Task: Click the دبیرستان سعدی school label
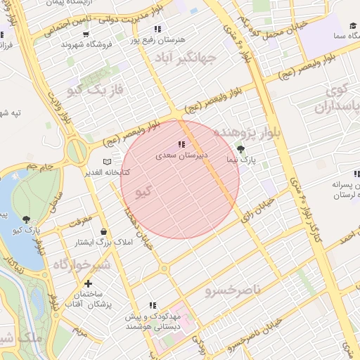[184, 156]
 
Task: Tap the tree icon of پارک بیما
[242, 149]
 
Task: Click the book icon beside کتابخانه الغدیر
[107, 162]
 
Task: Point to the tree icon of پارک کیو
[27, 219]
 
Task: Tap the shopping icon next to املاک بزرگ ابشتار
[104, 231]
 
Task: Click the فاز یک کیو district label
[95, 89]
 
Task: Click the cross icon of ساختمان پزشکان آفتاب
[87, 283]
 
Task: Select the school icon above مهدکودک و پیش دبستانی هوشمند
[152, 305]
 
